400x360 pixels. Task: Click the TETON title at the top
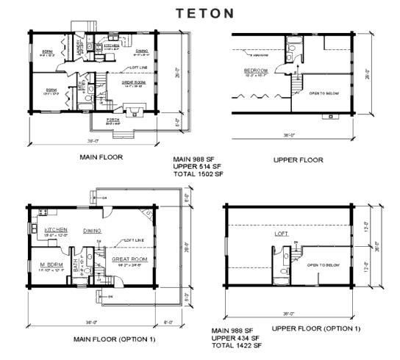tap(205, 12)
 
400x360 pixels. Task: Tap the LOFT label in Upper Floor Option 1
tap(281, 234)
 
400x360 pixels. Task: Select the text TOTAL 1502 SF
tap(198, 175)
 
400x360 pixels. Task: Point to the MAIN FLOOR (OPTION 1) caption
tap(114, 339)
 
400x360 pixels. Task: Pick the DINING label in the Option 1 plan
tap(92, 229)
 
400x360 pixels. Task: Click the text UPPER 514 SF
tap(198, 167)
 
